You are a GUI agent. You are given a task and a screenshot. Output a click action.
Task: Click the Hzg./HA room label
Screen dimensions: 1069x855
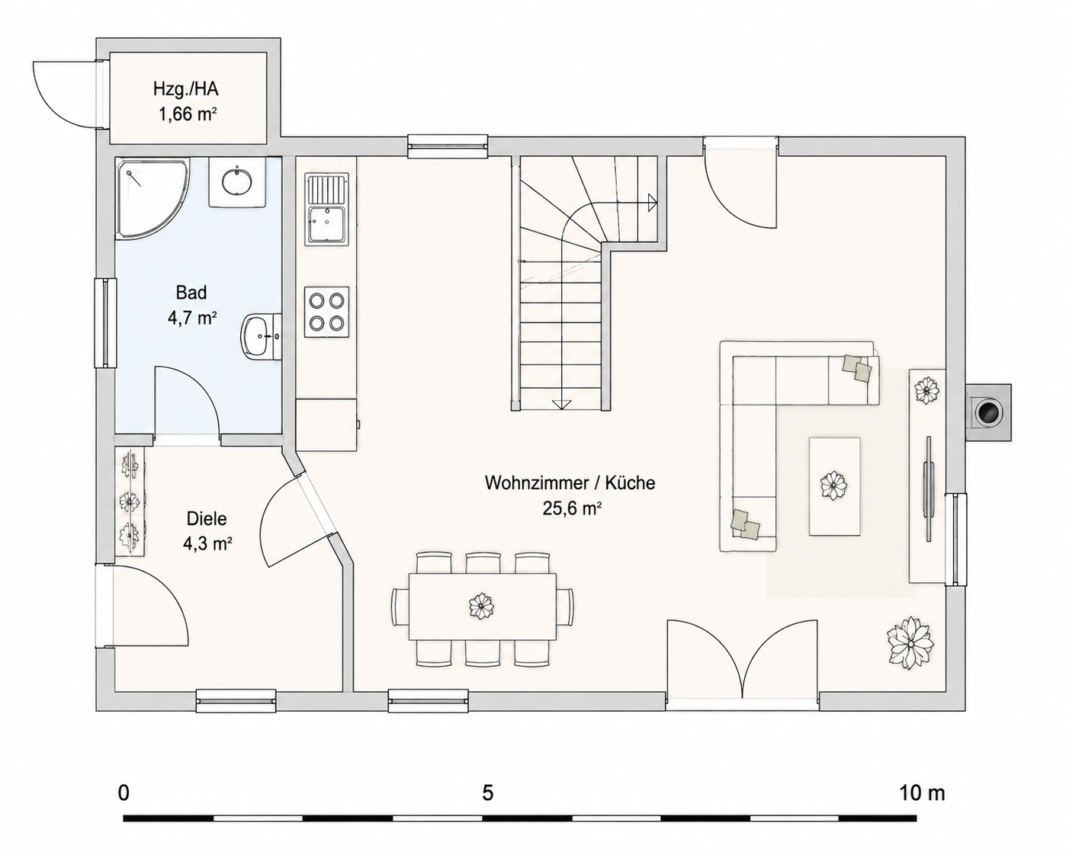[186, 89]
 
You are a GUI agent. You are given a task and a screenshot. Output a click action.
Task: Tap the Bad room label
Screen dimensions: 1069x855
[191, 293]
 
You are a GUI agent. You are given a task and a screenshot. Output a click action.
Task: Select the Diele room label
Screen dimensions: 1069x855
[207, 518]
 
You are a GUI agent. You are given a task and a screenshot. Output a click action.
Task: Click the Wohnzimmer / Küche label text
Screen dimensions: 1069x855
[570, 482]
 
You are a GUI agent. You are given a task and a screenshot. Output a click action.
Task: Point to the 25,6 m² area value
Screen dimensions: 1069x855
[572, 508]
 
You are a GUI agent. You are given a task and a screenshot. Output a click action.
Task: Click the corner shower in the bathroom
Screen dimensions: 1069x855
[152, 197]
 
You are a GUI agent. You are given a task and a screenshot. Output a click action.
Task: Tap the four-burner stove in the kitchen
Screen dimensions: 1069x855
[327, 312]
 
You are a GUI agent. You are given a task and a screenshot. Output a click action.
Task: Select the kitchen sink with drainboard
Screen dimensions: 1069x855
[327, 209]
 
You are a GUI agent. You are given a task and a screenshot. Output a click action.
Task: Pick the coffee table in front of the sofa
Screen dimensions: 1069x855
[834, 486]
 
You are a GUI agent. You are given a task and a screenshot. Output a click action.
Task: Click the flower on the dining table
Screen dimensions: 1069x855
[481, 606]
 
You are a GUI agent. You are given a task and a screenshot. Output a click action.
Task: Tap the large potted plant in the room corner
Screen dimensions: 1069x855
[910, 643]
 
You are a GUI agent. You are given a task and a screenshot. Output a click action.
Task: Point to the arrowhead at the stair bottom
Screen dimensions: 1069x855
[561, 405]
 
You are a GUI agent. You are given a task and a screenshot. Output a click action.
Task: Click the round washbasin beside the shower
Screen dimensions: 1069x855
[237, 182]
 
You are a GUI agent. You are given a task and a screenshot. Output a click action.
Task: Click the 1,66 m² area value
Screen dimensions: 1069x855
[188, 114]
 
